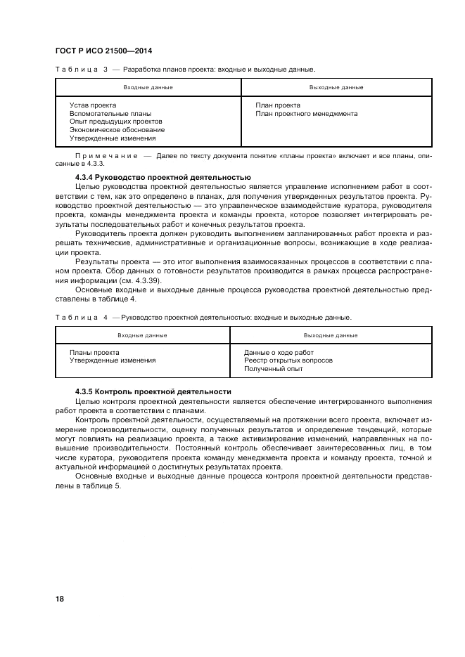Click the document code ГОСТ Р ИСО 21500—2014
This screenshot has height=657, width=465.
pos(103,51)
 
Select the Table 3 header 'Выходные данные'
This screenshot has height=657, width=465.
pos(336,87)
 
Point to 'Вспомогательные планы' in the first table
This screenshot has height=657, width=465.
pos(110,114)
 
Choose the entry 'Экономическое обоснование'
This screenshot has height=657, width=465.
pos(117,130)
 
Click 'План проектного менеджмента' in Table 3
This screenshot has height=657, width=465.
pos(306,114)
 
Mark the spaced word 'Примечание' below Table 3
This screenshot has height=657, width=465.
pos(104,156)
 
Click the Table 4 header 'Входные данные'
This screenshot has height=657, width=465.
pos(142,335)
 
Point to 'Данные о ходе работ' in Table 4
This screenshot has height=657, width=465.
pos(279,352)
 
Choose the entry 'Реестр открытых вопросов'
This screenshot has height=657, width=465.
pos(288,360)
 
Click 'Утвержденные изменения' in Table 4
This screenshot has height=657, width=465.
pos(113,360)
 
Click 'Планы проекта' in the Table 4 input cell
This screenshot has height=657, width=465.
pos(94,352)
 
